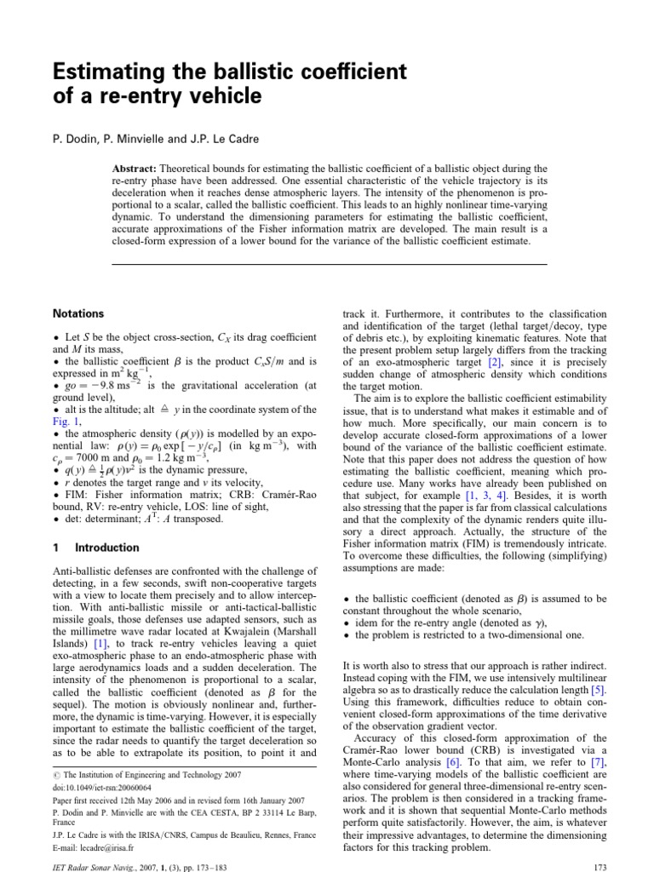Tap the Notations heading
(x=78, y=314)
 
